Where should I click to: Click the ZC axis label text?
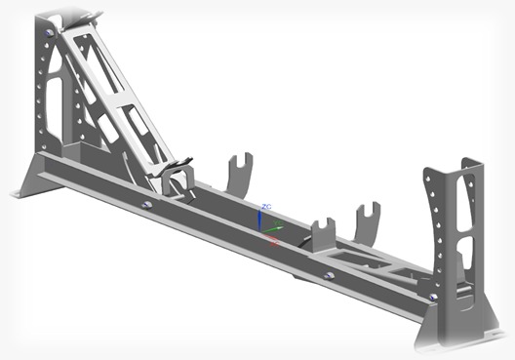point(266,208)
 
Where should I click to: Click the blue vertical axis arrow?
point(259,220)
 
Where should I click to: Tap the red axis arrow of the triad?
point(274,240)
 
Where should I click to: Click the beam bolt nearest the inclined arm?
point(146,205)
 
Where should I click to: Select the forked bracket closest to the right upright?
point(367,222)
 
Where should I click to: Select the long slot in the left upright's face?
point(55,98)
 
